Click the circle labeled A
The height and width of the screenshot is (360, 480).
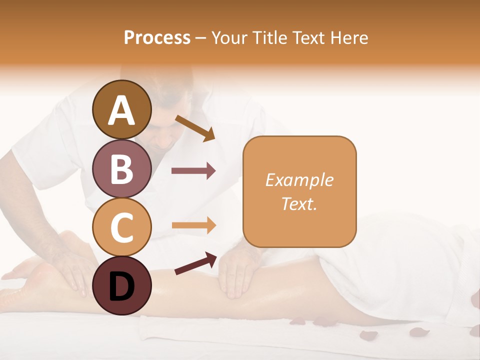tap(121, 109)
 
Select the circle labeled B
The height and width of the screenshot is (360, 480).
tap(121, 168)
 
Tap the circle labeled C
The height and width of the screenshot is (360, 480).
tap(121, 227)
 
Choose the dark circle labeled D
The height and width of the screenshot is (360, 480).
tap(121, 286)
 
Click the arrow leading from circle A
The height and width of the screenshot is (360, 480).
tap(195, 127)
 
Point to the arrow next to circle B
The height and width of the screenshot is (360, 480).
tap(193, 171)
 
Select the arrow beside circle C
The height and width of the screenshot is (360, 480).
tap(193, 225)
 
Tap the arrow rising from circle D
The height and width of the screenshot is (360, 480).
tap(195, 263)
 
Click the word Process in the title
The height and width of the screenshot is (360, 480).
tap(157, 37)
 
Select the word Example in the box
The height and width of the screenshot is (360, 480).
tap(299, 180)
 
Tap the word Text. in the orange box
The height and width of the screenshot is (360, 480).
tap(299, 203)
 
